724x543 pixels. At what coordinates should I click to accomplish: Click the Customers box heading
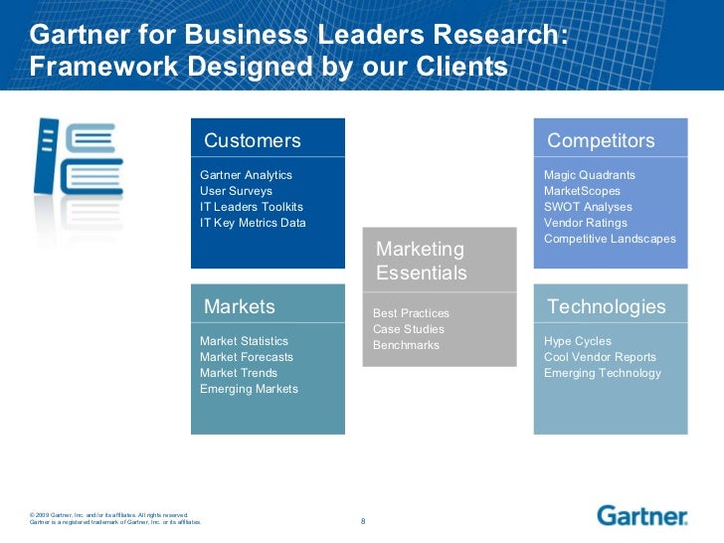(252, 140)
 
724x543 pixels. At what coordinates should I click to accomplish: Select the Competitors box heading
(601, 140)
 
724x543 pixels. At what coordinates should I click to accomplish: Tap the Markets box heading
(240, 305)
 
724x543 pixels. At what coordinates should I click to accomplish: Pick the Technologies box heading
(606, 306)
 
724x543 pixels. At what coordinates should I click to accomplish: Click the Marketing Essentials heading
(421, 261)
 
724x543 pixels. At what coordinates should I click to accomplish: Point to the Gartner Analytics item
(247, 175)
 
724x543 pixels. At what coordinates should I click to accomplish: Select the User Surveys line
(236, 191)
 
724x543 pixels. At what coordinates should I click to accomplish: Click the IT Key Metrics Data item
(253, 223)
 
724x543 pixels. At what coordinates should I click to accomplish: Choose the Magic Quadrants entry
(590, 175)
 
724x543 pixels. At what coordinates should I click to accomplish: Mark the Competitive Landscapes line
(610, 239)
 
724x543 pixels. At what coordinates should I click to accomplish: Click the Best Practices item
(411, 313)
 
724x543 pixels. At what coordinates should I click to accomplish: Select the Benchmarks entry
(406, 345)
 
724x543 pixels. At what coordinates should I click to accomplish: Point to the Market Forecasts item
(246, 357)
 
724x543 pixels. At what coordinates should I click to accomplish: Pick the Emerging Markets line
(249, 389)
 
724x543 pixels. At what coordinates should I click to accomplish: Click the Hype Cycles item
(578, 341)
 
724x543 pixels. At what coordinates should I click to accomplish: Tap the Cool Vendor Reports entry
(600, 357)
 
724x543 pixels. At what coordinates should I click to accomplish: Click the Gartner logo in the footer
(642, 515)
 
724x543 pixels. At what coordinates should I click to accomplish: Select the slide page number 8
(363, 521)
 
